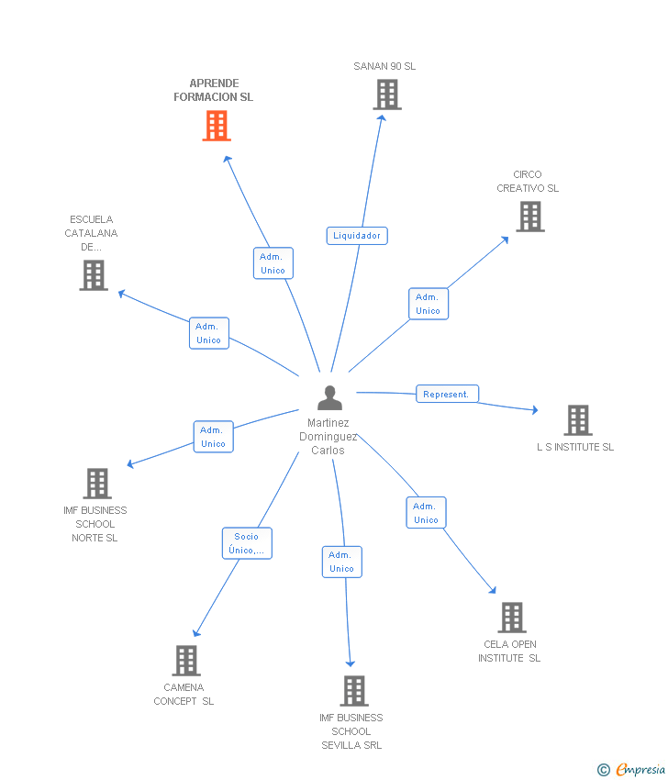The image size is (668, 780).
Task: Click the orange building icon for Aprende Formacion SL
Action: click(x=217, y=126)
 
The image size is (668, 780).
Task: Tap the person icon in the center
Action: click(x=329, y=397)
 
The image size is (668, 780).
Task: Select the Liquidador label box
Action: click(x=357, y=236)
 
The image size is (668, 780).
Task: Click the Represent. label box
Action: click(x=447, y=394)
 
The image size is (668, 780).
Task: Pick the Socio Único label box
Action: click(x=247, y=543)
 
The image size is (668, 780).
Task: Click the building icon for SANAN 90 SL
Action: click(x=387, y=95)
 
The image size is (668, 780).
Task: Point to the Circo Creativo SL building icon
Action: click(x=529, y=217)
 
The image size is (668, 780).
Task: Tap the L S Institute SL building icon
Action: click(x=577, y=420)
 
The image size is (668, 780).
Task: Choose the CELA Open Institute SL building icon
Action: click(x=512, y=618)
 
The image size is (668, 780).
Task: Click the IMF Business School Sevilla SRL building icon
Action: click(x=354, y=691)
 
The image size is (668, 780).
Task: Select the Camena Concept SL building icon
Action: click(x=186, y=661)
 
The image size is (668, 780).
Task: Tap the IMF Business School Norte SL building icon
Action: click(x=97, y=484)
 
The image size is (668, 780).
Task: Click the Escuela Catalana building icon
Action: click(x=94, y=275)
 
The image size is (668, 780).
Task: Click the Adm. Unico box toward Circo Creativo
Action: click(x=429, y=304)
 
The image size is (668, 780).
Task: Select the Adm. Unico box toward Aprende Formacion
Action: click(x=273, y=263)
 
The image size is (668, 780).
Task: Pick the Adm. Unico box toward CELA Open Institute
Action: click(x=426, y=513)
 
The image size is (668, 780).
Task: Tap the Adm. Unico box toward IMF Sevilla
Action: click(x=341, y=562)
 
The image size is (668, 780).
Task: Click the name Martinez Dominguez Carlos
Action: click(x=328, y=437)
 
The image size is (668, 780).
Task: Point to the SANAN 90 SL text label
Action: click(x=384, y=66)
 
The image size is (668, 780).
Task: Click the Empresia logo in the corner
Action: click(x=639, y=770)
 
